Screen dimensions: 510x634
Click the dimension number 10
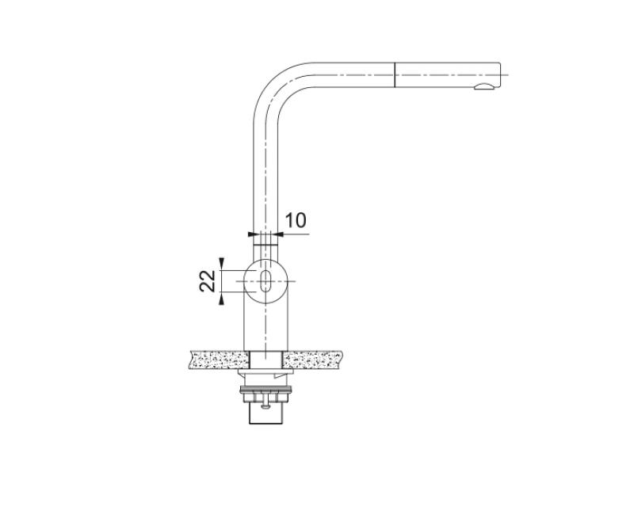click(295, 219)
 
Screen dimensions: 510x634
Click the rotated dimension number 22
click(208, 280)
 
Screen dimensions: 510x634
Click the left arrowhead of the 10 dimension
click(253, 234)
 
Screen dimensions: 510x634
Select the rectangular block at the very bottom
click(268, 413)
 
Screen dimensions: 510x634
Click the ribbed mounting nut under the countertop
click(268, 389)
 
